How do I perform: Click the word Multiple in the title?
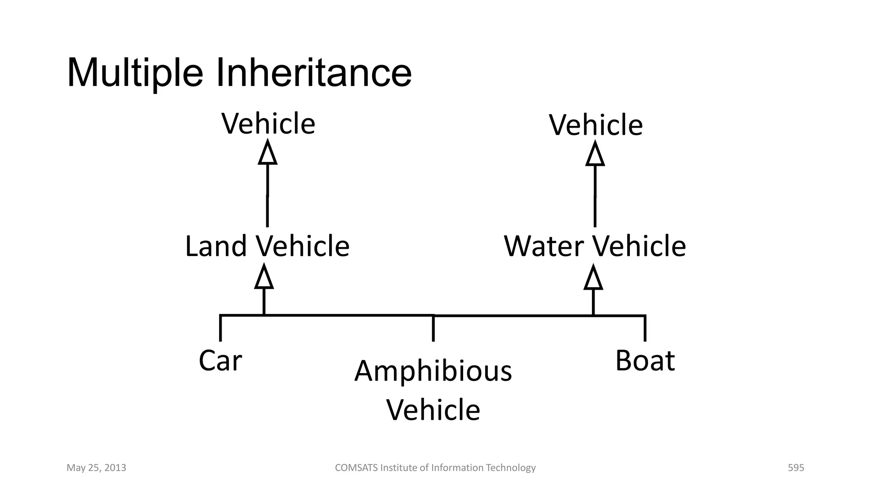[135, 73]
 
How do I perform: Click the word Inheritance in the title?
[314, 73]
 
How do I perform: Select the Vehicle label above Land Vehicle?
[268, 124]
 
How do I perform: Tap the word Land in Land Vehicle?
[216, 246]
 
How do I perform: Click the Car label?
[220, 361]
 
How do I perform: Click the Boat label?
[645, 361]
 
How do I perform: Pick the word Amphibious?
[433, 371]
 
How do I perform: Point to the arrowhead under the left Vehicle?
[268, 154]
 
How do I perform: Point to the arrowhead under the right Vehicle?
[595, 154]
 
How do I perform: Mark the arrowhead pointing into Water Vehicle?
[593, 277]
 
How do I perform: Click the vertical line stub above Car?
[220, 329]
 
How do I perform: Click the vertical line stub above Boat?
[645, 329]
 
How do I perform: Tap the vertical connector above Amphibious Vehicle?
[433, 329]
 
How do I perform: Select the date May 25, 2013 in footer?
[97, 468]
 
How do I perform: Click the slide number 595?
[796, 468]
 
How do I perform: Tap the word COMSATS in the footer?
[356, 468]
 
